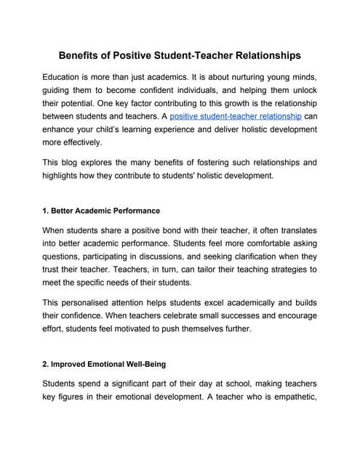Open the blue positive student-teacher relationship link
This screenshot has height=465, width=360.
pos(235,116)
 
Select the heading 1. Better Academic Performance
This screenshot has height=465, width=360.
pos(101,211)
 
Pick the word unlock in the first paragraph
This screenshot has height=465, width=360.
pos(301,90)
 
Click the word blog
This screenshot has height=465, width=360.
pos(77,163)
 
